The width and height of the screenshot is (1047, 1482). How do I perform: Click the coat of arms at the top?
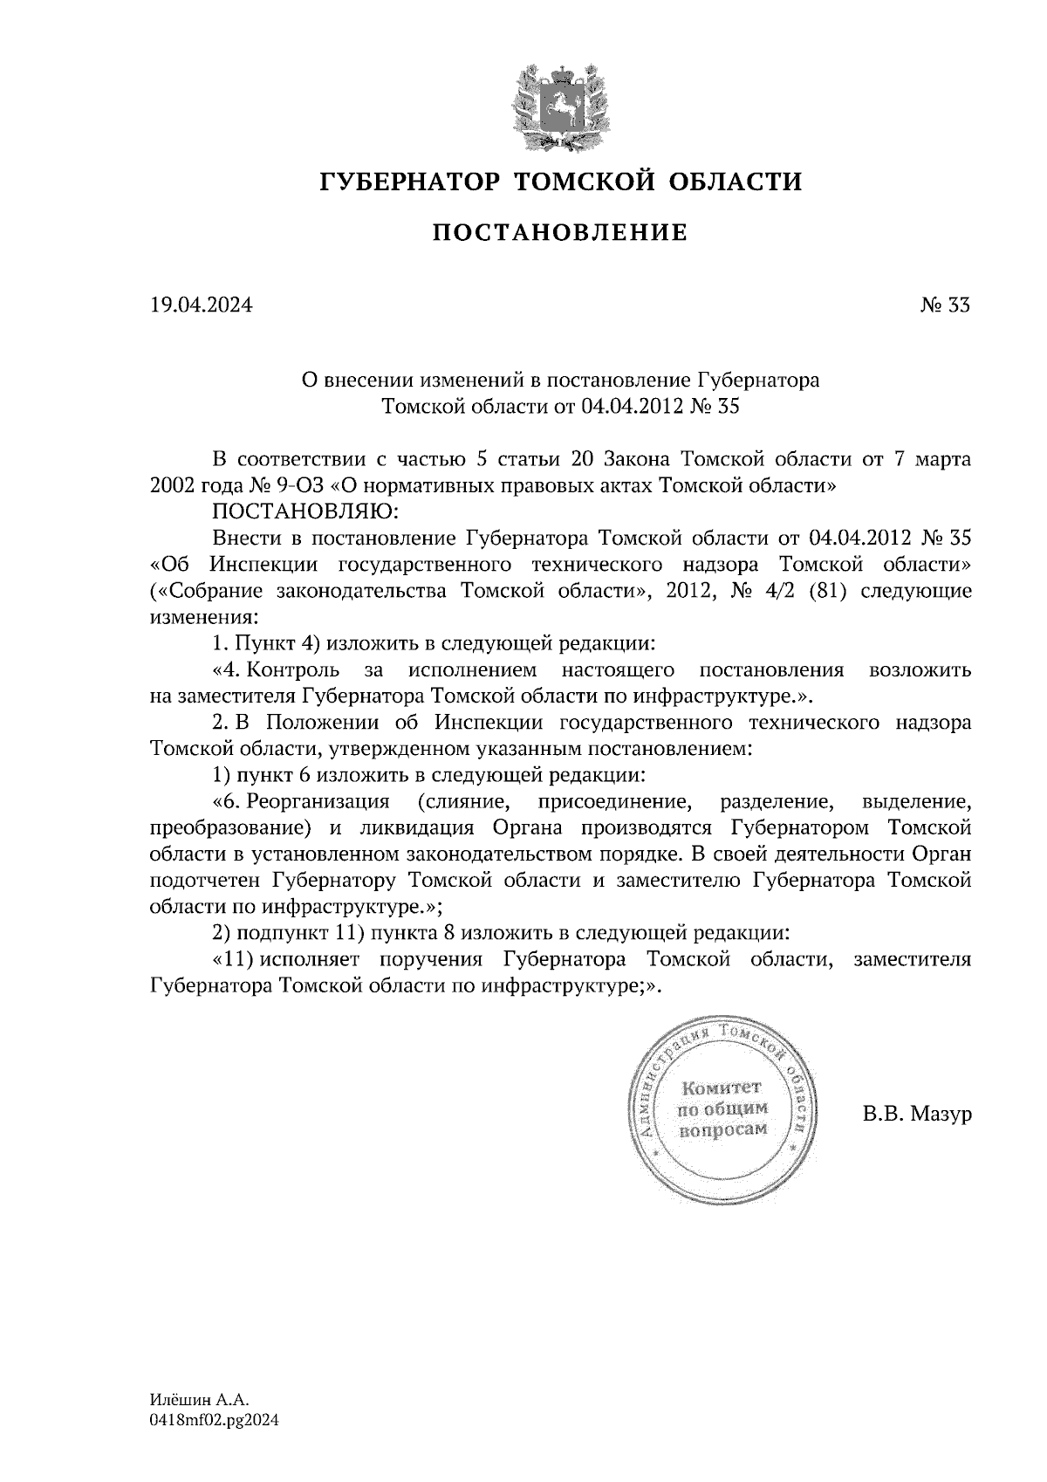(x=559, y=104)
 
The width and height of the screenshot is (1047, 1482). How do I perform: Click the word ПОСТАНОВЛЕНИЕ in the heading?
(x=560, y=233)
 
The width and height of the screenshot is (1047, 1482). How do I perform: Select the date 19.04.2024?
(x=202, y=305)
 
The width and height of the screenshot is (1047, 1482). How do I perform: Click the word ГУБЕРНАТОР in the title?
(x=409, y=182)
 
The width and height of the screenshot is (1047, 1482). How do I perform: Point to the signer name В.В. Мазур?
(x=916, y=1115)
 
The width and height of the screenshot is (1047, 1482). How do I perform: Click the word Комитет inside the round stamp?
(x=722, y=1088)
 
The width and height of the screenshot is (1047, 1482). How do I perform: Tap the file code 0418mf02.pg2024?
(x=214, y=1421)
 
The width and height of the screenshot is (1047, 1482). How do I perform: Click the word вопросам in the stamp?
(x=723, y=1129)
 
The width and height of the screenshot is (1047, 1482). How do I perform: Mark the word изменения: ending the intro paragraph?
(x=204, y=617)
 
